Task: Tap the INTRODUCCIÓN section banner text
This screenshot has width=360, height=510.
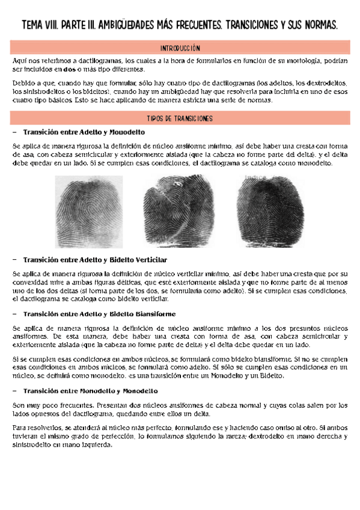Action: (180, 48)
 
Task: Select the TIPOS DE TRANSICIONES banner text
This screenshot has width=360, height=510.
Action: (180, 118)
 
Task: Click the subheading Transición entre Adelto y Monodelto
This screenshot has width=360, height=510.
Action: (84, 132)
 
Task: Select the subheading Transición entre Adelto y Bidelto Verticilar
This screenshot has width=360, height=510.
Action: (96, 260)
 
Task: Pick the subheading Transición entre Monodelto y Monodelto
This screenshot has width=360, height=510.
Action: (89, 391)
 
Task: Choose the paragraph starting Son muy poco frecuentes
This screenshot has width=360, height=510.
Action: (180, 409)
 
